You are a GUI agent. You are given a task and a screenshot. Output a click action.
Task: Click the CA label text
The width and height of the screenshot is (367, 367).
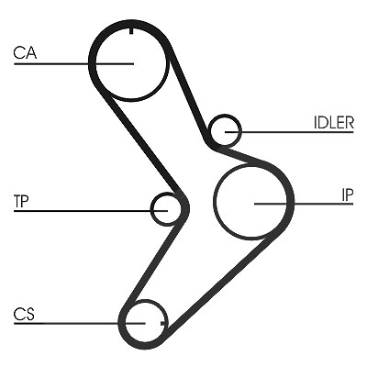tap(25, 52)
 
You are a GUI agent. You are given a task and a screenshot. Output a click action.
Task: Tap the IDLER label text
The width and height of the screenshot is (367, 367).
tap(334, 123)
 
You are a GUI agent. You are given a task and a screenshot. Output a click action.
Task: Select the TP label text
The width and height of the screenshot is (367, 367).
tap(21, 201)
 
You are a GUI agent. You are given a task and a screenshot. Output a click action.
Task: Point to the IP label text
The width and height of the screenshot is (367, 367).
tap(348, 195)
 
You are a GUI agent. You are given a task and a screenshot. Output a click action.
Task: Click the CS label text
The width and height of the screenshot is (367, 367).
tap(24, 314)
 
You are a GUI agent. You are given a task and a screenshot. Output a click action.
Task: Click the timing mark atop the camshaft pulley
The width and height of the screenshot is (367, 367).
tap(131, 31)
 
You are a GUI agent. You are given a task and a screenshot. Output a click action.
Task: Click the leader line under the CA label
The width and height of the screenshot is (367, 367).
tap(73, 64)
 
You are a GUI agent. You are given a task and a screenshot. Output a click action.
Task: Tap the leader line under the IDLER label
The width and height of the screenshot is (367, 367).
tap(289, 132)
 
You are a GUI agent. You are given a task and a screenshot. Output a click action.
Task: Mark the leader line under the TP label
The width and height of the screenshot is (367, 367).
tap(91, 211)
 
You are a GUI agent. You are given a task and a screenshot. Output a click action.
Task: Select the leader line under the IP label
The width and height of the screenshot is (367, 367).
tap(304, 204)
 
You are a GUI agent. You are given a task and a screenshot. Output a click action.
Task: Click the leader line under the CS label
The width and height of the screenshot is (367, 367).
tap(79, 323)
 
